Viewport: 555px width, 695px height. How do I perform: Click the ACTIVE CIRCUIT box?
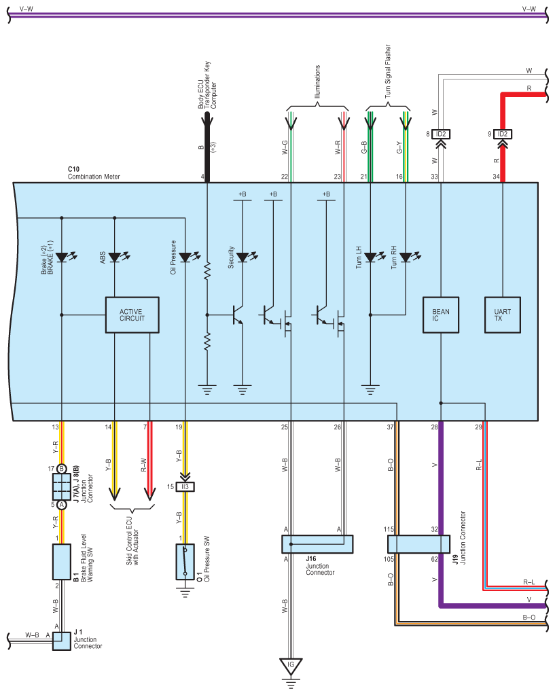[132, 315]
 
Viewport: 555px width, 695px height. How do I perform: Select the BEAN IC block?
[441, 315]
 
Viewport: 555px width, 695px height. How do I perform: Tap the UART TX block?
[502, 315]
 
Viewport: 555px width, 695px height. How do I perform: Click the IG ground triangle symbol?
[291, 666]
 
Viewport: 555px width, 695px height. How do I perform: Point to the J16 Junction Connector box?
[317, 544]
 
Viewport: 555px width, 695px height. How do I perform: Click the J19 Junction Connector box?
[418, 544]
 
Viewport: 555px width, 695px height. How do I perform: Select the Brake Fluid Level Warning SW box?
[62, 562]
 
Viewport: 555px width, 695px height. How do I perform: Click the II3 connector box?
[185, 486]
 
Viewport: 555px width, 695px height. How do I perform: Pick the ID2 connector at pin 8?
[441, 134]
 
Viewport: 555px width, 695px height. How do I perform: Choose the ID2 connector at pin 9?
[502, 134]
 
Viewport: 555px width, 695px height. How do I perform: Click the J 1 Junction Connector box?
[62, 641]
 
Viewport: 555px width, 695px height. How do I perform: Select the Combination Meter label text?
[94, 177]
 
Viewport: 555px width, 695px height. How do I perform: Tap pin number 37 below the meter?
[390, 427]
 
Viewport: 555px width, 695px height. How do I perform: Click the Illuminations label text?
[317, 82]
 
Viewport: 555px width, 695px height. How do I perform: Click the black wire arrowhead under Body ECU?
[207, 119]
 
